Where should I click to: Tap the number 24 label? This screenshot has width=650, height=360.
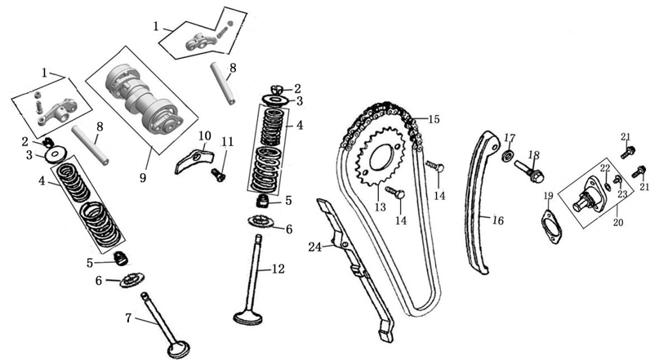315,247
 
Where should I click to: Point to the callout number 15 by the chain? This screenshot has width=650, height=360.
434,119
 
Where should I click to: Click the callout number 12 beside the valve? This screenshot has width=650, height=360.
278,268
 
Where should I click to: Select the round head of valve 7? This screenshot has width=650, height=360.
178,349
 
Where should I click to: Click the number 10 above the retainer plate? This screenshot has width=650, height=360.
204,135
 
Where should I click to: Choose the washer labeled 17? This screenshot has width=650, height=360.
507,156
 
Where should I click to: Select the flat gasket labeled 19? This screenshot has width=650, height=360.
549,225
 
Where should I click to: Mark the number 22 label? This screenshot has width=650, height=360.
605,167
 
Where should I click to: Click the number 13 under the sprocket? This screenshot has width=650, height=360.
380,208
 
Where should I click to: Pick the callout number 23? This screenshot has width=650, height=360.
622,194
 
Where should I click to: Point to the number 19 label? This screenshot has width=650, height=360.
548,196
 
